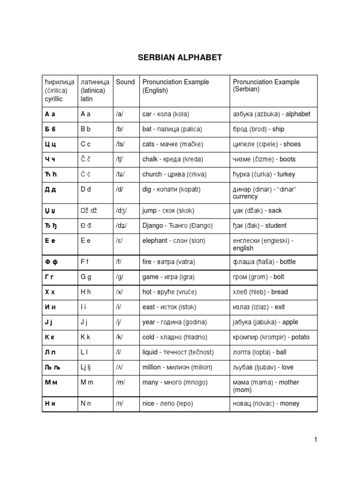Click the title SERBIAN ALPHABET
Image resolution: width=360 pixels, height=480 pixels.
(x=180, y=58)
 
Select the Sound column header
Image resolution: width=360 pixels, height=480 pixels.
(x=125, y=82)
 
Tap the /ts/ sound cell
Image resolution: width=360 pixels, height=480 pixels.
(x=120, y=144)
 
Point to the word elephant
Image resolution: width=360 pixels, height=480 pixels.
(x=155, y=240)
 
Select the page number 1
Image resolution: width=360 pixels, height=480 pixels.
(x=316, y=439)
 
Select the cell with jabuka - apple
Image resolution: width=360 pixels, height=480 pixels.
(x=265, y=322)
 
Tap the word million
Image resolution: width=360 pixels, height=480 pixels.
(x=151, y=367)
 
